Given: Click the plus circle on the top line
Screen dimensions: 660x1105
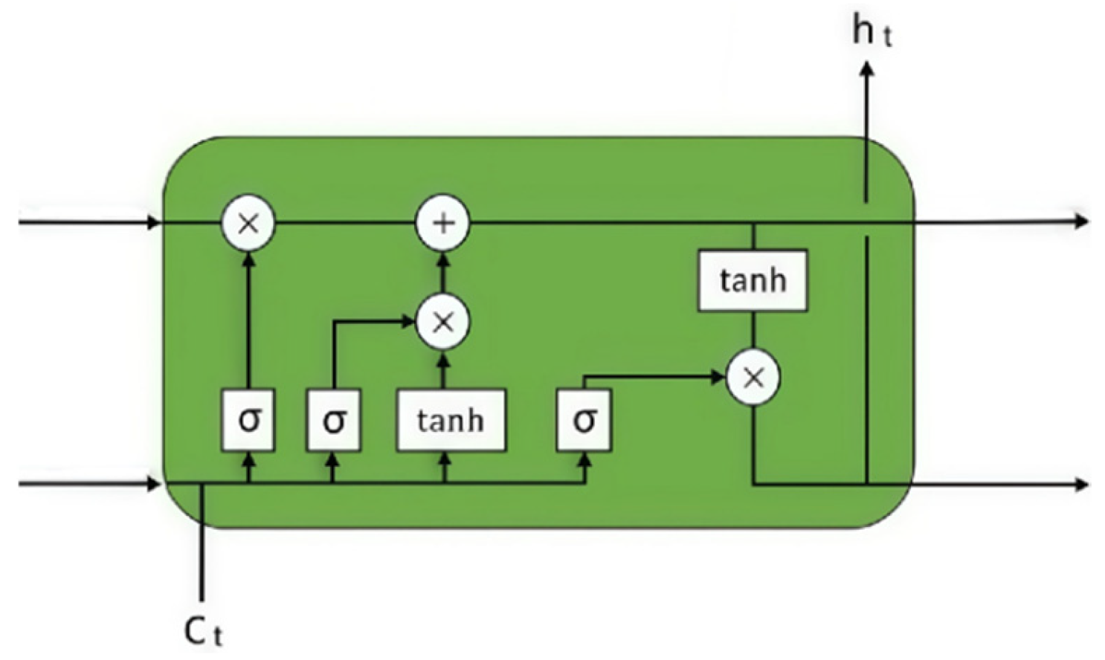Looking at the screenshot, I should [442, 223].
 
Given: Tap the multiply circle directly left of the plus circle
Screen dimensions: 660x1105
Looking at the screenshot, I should [248, 223].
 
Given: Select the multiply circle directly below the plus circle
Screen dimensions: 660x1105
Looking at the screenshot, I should [443, 322].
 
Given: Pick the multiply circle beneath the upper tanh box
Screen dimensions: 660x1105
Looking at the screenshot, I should [753, 378].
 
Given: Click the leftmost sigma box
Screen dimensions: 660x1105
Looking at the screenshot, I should [249, 420].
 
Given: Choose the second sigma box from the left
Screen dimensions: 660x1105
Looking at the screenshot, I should [334, 420].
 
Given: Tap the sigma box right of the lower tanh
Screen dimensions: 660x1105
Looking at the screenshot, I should [584, 420].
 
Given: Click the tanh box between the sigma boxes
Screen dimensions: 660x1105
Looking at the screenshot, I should [451, 420].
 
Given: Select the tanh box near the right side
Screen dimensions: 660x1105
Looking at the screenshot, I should [753, 280].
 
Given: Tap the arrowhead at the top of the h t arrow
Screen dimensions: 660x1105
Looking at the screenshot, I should [866, 68].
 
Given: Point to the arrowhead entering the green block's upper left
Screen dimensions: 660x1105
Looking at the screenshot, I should [154, 222].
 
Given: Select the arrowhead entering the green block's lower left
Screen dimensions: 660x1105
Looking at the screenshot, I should [154, 485].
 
